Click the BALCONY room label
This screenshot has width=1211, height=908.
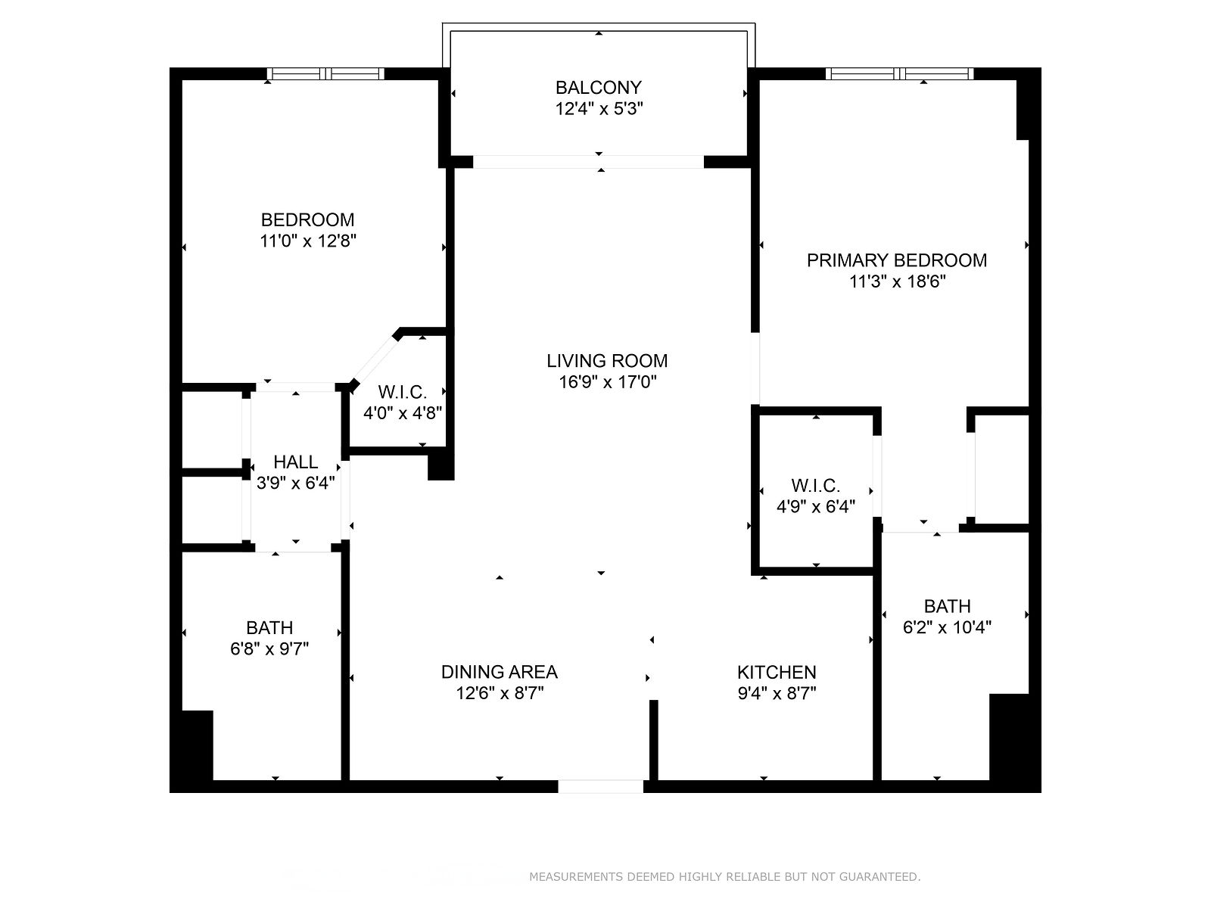(598, 88)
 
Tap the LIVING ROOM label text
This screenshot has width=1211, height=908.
(607, 361)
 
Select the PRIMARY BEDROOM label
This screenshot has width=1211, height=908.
(897, 260)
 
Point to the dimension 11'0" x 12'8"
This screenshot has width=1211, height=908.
(308, 241)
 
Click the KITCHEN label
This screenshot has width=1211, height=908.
(777, 672)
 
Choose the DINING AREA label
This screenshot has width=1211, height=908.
(500, 671)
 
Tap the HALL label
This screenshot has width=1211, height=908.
(296, 462)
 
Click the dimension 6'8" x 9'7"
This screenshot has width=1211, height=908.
(269, 649)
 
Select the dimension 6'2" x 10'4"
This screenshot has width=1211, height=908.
(947, 627)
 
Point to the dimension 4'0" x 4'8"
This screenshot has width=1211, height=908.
(403, 413)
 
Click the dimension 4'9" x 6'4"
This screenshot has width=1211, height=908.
(815, 507)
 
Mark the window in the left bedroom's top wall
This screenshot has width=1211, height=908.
(325, 74)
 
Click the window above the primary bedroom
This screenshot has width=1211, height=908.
(899, 74)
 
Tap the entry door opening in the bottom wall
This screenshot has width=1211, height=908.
(600, 786)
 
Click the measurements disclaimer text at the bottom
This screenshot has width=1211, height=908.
(725, 876)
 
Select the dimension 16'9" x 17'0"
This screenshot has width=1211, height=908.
(607, 382)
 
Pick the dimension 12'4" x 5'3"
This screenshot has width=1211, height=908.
(599, 109)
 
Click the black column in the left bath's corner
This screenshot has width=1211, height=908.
(197, 745)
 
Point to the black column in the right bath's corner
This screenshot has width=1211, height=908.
(1009, 737)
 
